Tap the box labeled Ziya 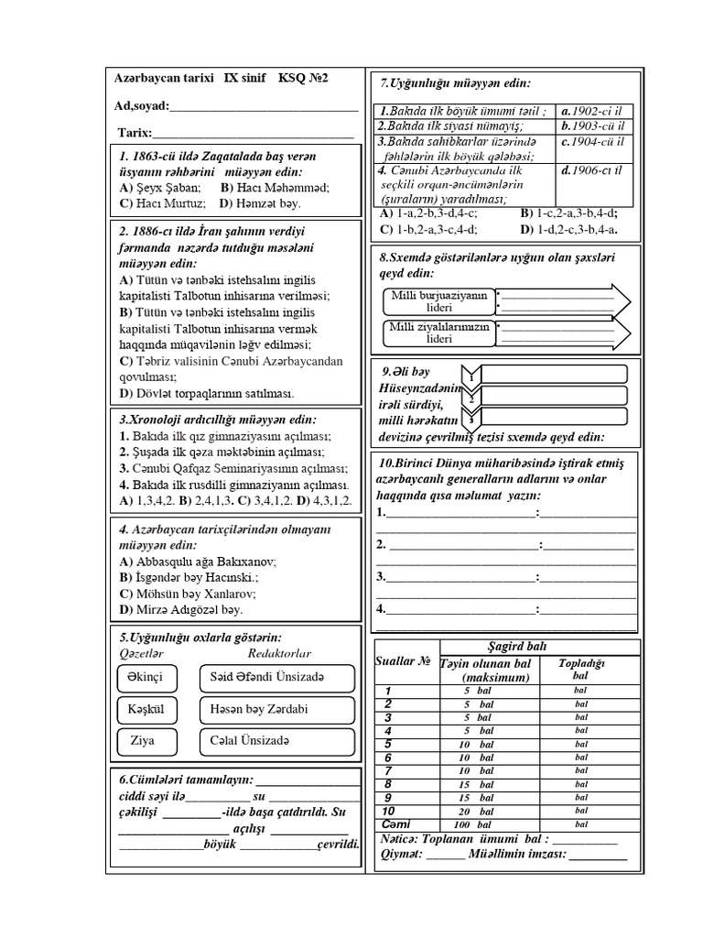[142, 741]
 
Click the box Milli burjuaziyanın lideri [438, 301]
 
